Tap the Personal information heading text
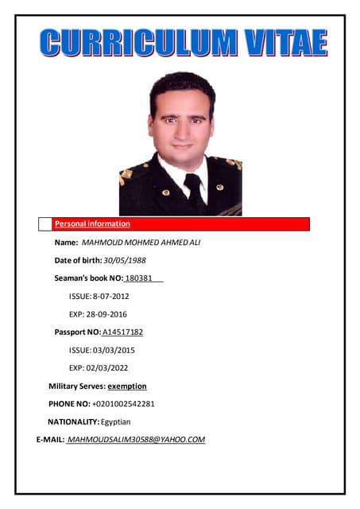[x=92, y=224]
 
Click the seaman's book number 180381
[x=139, y=278]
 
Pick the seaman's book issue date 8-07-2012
[x=110, y=296]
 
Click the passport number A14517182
[x=122, y=332]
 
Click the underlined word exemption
[x=127, y=386]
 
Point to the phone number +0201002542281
[x=123, y=404]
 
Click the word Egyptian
[x=116, y=422]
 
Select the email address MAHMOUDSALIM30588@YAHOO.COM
[x=137, y=440]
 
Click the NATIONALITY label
[x=73, y=422]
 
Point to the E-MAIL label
[x=50, y=440]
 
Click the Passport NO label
[x=77, y=332]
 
